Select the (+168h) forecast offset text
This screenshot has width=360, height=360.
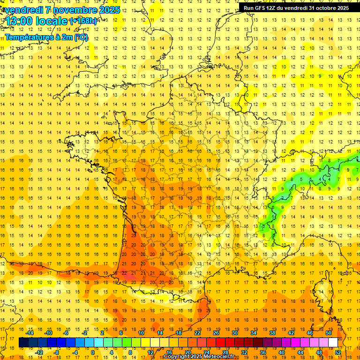[83, 21]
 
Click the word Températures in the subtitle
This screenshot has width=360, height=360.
[29, 37]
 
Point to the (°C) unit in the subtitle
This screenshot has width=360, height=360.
[81, 37]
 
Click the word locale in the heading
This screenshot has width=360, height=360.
[53, 21]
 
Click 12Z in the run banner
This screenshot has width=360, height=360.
[275, 8]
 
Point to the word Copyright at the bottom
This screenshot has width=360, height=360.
[177, 357]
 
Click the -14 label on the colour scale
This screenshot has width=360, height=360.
[30, 333]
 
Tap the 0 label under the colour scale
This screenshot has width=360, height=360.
[92, 352]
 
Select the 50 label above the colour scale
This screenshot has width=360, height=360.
[329, 333]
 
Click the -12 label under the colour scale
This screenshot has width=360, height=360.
[39, 352]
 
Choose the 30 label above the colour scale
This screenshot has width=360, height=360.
[234, 333]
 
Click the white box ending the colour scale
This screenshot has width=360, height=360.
[333, 343]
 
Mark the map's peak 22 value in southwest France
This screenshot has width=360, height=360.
[124, 273]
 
